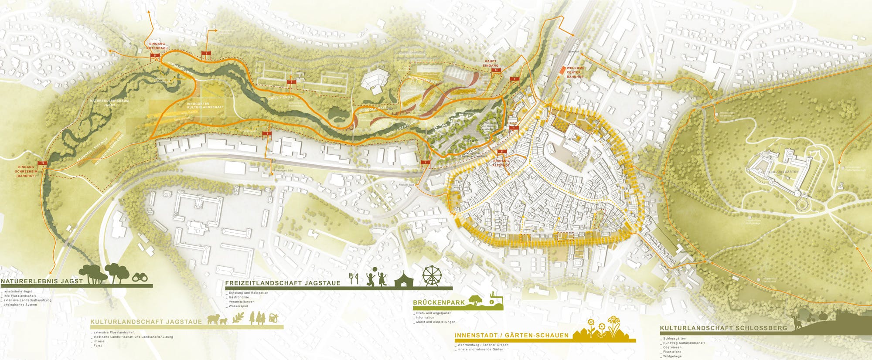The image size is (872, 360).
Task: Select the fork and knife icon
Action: (354, 277)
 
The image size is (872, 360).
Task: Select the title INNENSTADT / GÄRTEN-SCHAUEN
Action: (511, 336)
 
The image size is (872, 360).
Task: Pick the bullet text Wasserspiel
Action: (237, 306)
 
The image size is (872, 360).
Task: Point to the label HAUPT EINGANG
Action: (490, 63)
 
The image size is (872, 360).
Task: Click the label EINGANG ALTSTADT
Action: (501, 163)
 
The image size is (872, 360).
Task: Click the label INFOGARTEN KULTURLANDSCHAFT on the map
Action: (199, 105)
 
